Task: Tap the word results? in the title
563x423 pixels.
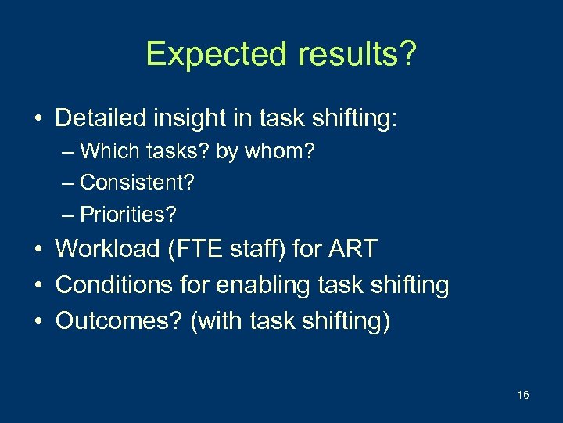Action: click(x=355, y=54)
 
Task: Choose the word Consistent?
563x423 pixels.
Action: click(x=137, y=183)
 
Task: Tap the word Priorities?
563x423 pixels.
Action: click(x=129, y=215)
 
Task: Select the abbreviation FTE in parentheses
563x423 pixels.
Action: click(x=204, y=249)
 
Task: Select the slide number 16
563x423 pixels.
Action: click(x=523, y=395)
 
